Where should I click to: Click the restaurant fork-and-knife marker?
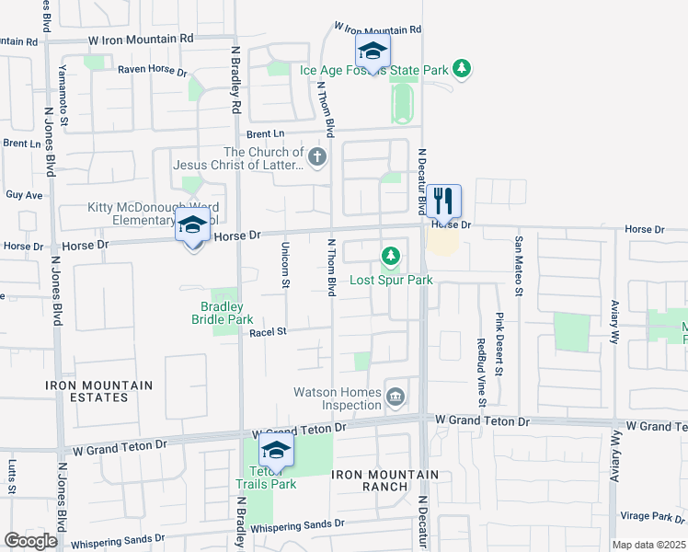pyautogui.click(x=443, y=201)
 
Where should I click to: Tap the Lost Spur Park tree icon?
pyautogui.click(x=391, y=254)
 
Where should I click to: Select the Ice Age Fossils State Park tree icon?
pyautogui.click(x=463, y=69)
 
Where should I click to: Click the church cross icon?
pyautogui.click(x=317, y=157)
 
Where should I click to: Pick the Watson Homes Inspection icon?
pyautogui.click(x=396, y=397)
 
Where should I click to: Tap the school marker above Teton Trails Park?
pyautogui.click(x=274, y=451)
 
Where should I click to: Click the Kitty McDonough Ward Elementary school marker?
pyautogui.click(x=192, y=225)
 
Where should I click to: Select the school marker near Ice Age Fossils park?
pyautogui.click(x=373, y=51)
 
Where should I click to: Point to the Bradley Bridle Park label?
pyautogui.click(x=222, y=313)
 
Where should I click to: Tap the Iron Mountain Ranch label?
pyautogui.click(x=385, y=479)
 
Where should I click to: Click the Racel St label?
pyautogui.click(x=269, y=332)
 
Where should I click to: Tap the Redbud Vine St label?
pyautogui.click(x=481, y=372)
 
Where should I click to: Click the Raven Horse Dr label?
pyautogui.click(x=152, y=71)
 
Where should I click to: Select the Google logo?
pyautogui.click(x=30, y=541)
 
